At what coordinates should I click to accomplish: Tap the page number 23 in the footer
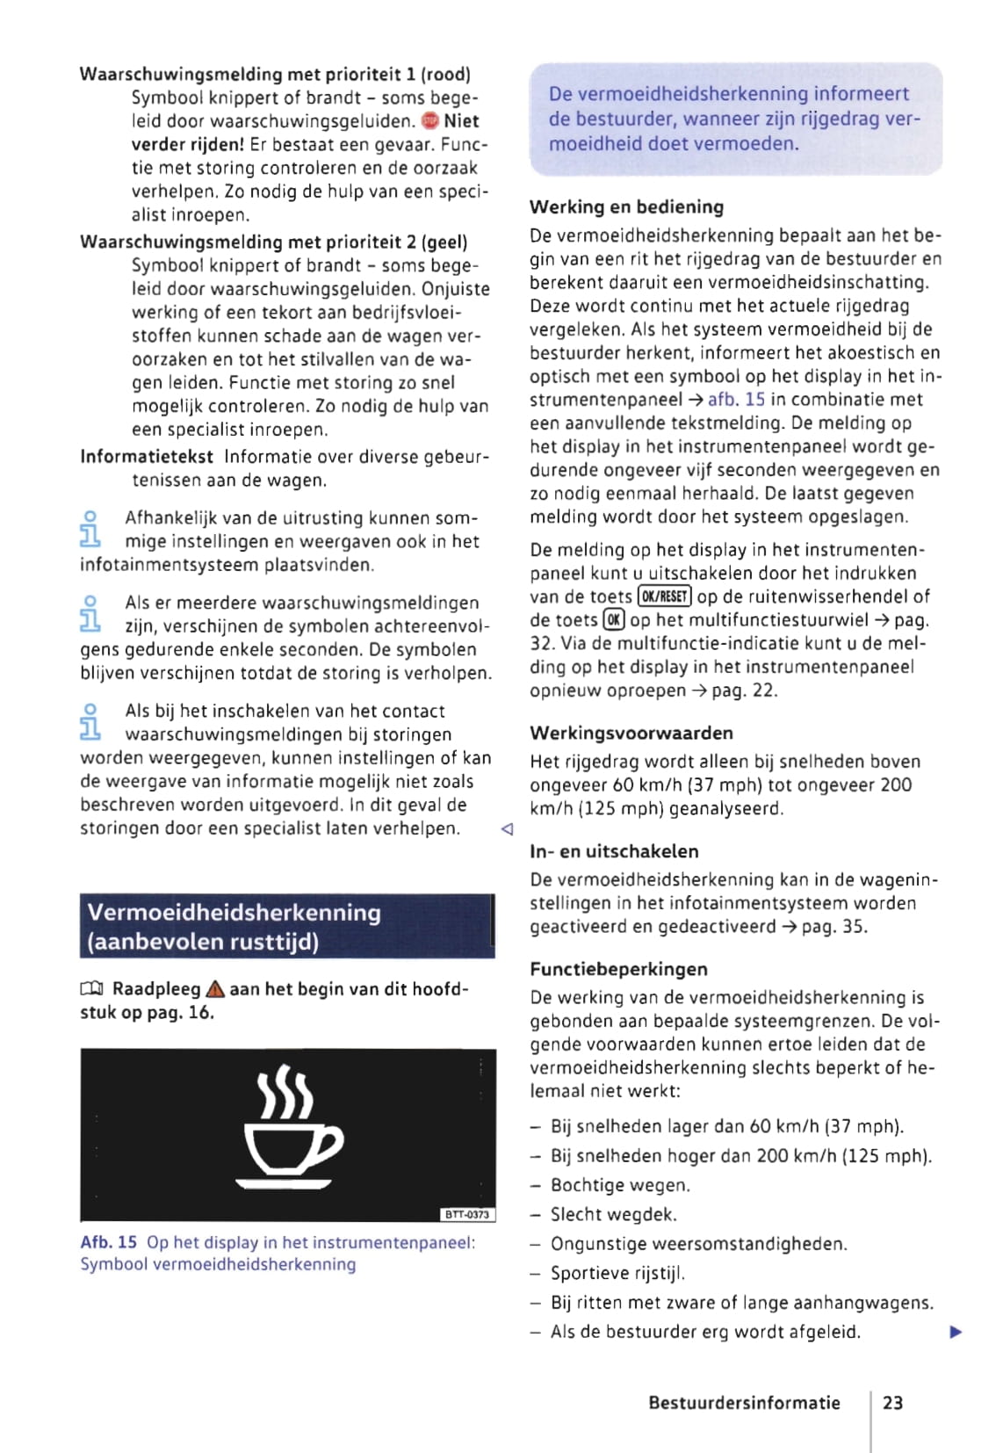tap(892, 1403)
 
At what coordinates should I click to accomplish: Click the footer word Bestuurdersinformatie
tap(744, 1403)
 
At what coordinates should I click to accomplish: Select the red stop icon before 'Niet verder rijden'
tap(429, 121)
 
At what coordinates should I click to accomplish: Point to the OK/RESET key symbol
tap(664, 597)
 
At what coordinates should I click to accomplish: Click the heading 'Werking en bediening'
tap(626, 207)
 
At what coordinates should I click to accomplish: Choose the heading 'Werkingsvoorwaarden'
tap(631, 734)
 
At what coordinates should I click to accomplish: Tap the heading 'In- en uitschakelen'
tap(614, 851)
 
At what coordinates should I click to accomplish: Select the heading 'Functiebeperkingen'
tap(618, 969)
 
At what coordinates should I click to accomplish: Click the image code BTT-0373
tap(467, 1214)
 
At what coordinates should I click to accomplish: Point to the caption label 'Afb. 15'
tap(108, 1242)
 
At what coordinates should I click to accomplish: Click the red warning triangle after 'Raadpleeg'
tap(215, 990)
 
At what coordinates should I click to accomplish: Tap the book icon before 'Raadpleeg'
tap(91, 990)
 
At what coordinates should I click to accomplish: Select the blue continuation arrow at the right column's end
tap(956, 1333)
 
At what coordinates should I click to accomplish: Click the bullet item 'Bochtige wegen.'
tap(620, 1185)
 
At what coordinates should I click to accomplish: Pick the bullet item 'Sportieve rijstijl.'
tap(617, 1273)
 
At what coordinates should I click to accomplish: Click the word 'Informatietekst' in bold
tap(147, 457)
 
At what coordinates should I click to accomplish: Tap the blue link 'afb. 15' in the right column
tap(736, 400)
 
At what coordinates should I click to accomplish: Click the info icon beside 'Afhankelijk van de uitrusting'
tap(90, 529)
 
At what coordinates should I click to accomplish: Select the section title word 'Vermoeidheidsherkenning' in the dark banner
tap(235, 913)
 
